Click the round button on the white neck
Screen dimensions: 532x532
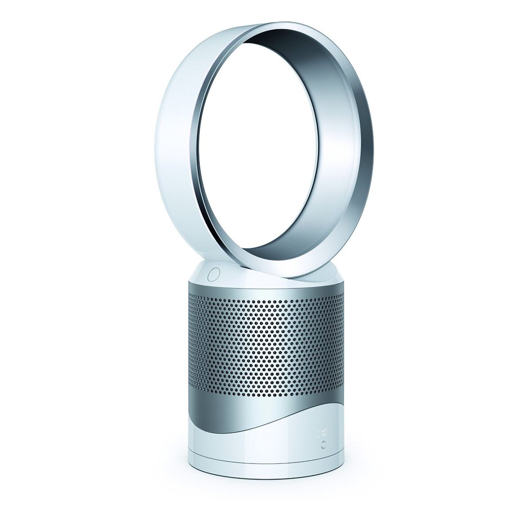pyautogui.click(x=214, y=273)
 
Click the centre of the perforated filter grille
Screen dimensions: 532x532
pyautogui.click(x=266, y=344)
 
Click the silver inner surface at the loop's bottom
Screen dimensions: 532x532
pyautogui.click(x=284, y=262)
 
